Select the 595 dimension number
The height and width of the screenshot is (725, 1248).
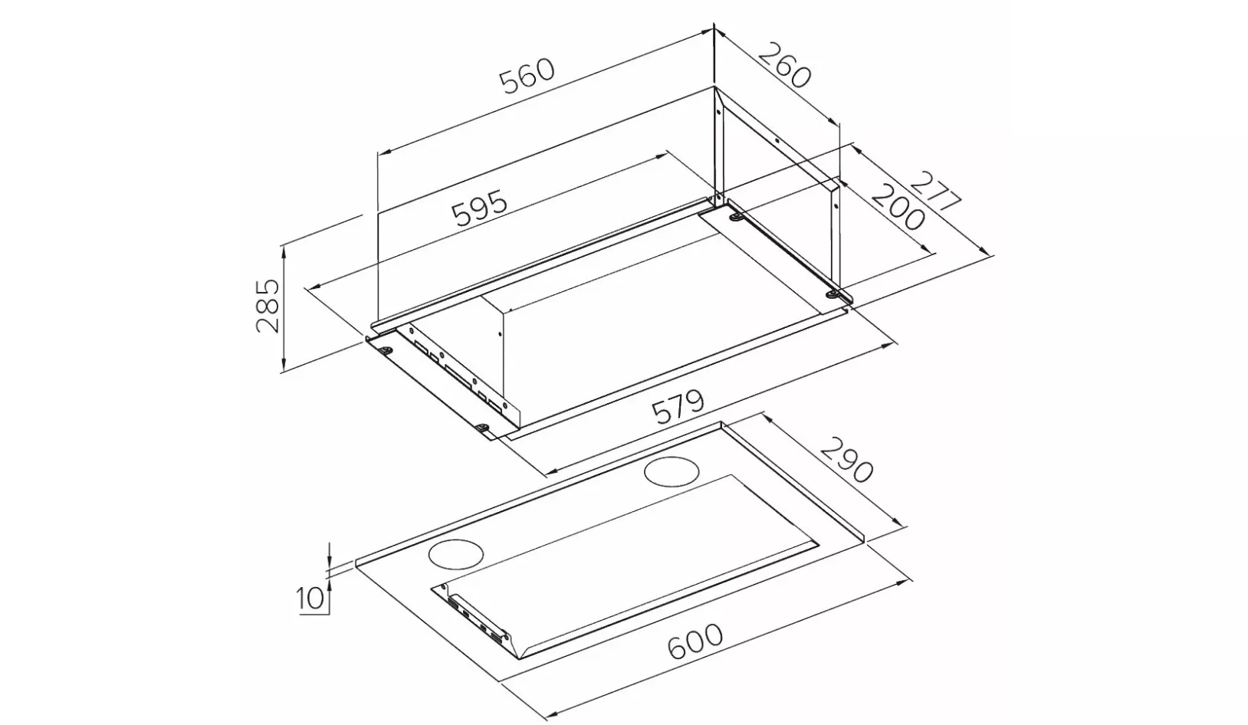click(x=480, y=208)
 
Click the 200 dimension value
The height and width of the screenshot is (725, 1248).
click(x=898, y=207)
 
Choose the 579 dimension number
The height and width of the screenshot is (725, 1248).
click(x=678, y=408)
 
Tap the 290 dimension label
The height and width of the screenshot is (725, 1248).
click(x=846, y=460)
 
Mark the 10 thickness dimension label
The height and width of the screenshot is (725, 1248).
click(x=310, y=599)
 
